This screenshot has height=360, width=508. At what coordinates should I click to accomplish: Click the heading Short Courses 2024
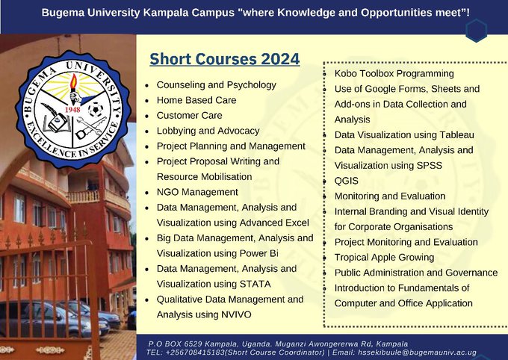(225, 59)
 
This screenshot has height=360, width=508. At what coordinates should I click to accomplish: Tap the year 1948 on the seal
(72, 110)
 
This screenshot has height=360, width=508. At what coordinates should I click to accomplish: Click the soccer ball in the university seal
(96, 109)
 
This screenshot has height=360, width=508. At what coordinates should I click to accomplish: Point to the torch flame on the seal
(74, 81)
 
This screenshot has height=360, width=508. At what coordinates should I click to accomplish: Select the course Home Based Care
(196, 100)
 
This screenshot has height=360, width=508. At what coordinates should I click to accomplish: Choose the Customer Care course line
(189, 115)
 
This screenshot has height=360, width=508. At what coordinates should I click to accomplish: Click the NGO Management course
(197, 192)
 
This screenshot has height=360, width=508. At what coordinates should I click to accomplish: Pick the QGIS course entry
(347, 181)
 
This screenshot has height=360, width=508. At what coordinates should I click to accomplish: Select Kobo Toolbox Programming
(394, 73)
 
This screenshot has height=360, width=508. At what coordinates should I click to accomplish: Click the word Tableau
(456, 134)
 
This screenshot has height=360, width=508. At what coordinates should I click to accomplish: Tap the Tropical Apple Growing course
(384, 257)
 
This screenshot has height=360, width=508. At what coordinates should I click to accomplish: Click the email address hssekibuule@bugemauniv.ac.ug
(418, 353)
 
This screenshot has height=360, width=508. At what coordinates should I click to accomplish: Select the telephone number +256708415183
(196, 353)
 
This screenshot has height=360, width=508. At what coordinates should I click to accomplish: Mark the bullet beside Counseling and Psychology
(147, 86)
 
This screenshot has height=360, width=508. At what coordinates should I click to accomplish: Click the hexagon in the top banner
(477, 31)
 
